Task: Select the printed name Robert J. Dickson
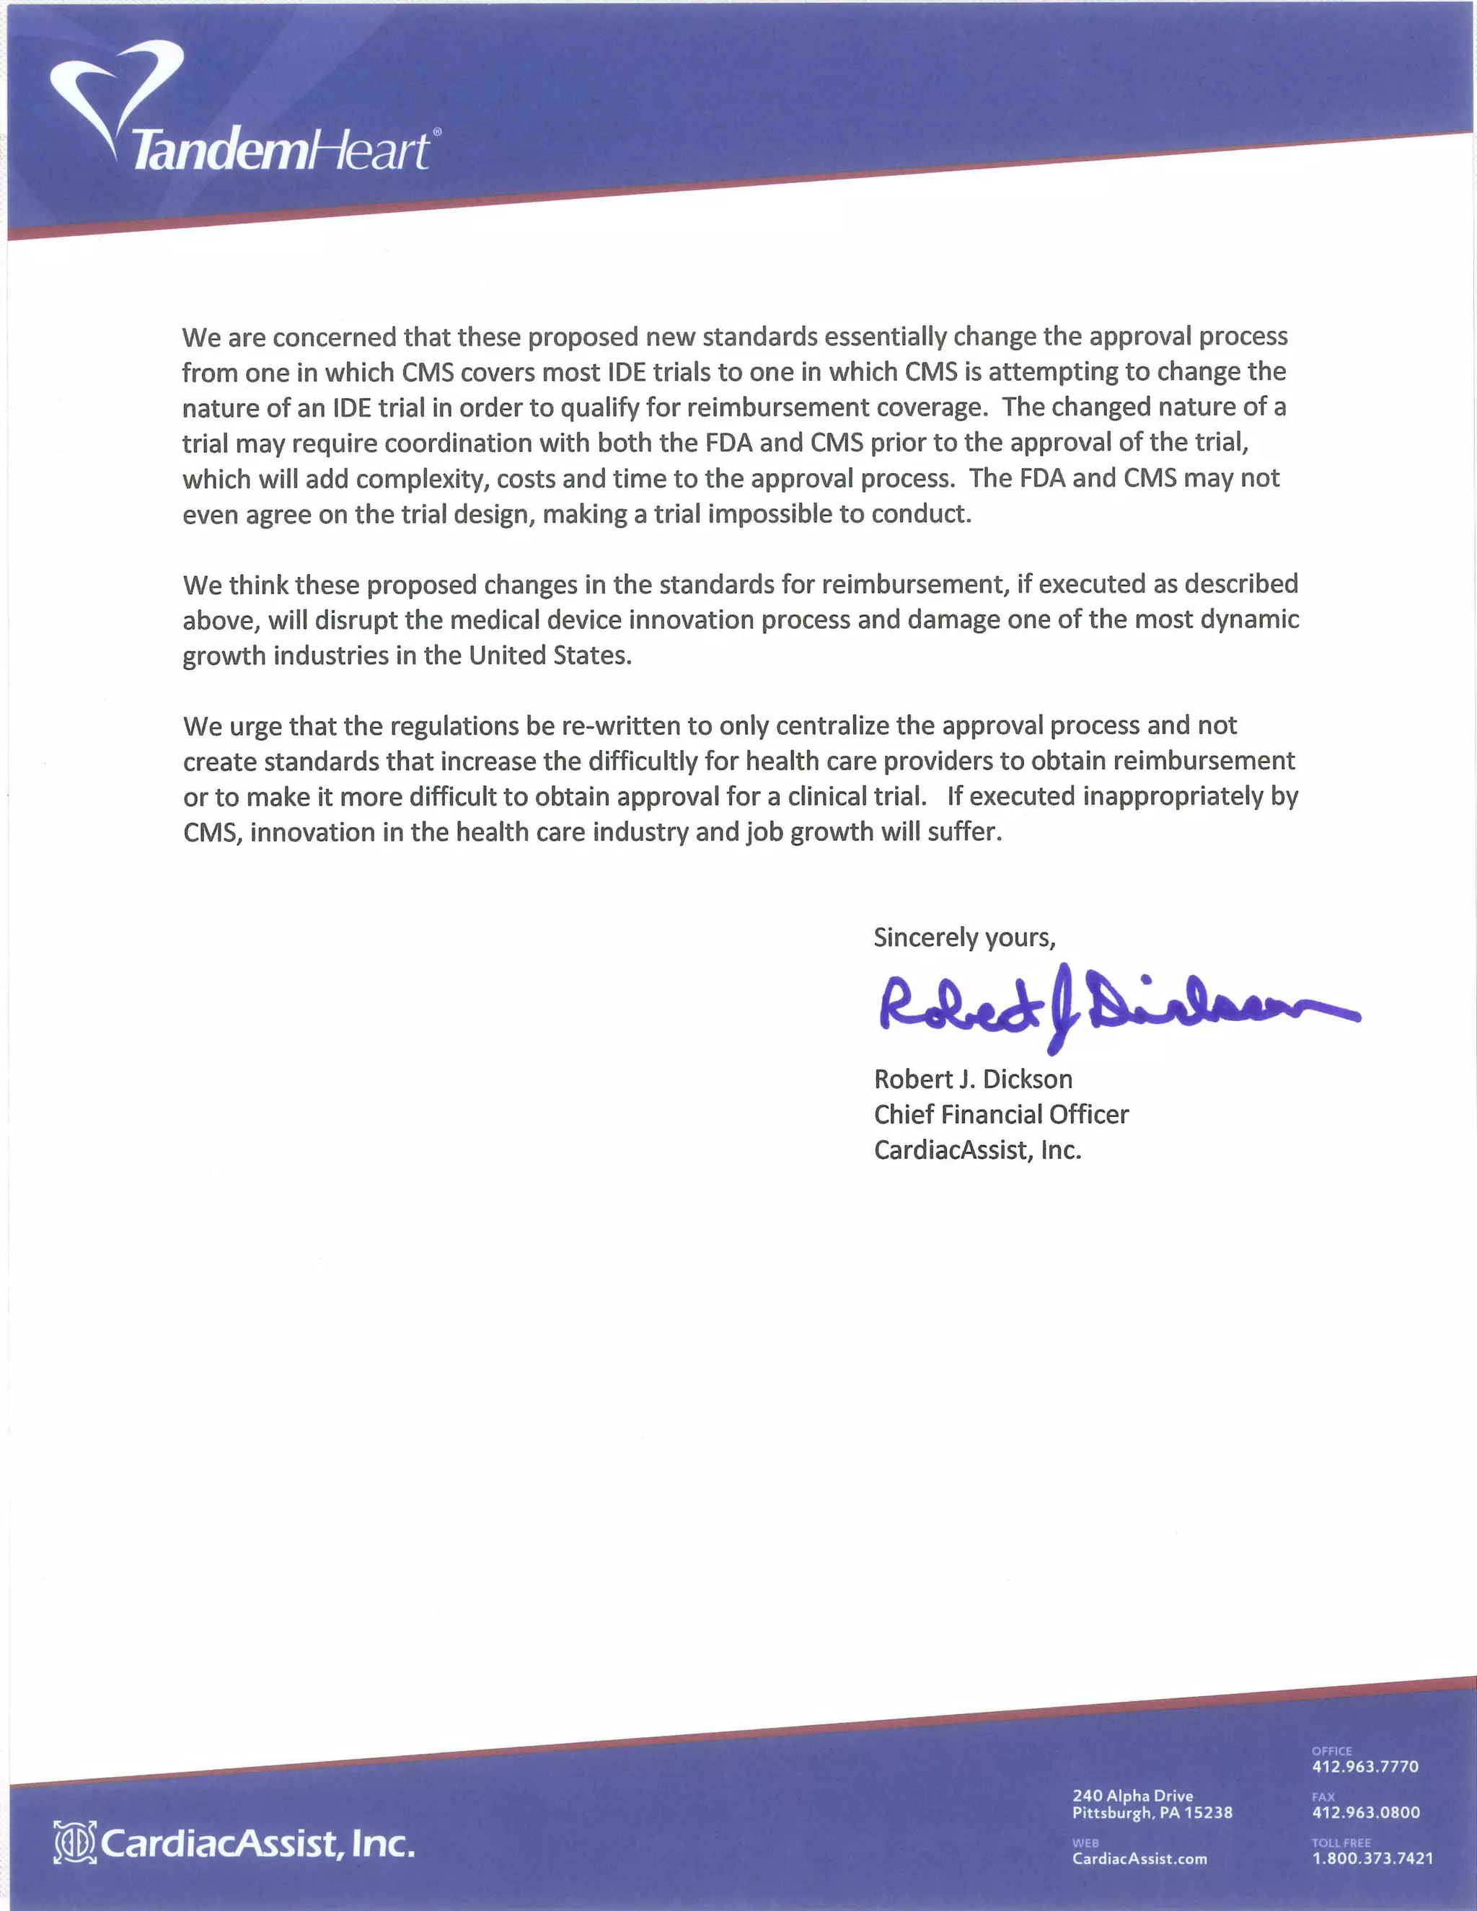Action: tap(972, 1079)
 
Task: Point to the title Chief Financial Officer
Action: tap(1001, 1115)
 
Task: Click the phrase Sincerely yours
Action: tap(964, 938)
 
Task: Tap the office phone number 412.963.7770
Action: tap(1364, 1767)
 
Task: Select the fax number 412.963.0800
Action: tap(1365, 1812)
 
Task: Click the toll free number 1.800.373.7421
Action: tap(1372, 1858)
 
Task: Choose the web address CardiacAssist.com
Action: tap(1139, 1858)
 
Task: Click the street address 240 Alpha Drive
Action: tap(1132, 1796)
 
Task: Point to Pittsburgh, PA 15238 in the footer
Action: tap(1152, 1812)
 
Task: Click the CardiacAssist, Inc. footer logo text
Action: tap(258, 1845)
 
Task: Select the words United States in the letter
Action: tap(549, 656)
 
